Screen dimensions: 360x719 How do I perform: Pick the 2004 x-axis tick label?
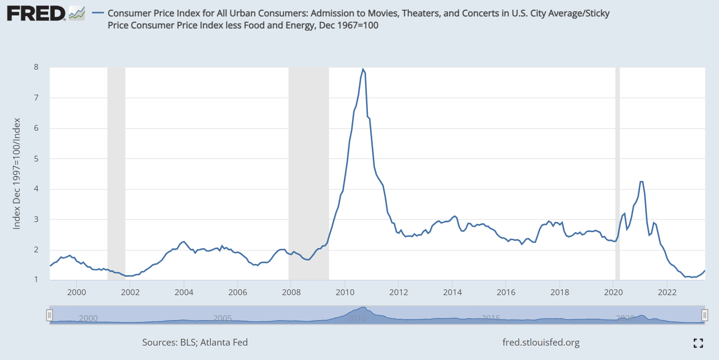coord(184,292)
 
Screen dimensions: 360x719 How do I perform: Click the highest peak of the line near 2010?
coord(363,69)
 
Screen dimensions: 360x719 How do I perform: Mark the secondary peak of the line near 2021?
coord(641,182)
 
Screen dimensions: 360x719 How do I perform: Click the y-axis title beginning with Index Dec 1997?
coord(17,173)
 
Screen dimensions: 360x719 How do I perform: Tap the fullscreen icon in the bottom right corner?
coord(698,343)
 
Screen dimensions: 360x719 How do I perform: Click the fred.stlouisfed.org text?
coord(541,343)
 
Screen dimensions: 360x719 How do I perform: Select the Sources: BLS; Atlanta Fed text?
coord(195,343)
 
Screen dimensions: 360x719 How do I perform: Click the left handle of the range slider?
coord(49,315)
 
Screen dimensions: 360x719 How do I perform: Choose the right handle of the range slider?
coord(705,315)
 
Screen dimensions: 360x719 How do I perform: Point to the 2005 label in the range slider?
coord(223,318)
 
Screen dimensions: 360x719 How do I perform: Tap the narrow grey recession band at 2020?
coord(618,173)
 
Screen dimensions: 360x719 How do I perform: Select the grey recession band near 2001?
coord(116,173)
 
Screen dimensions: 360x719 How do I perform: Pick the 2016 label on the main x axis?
coord(506,292)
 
